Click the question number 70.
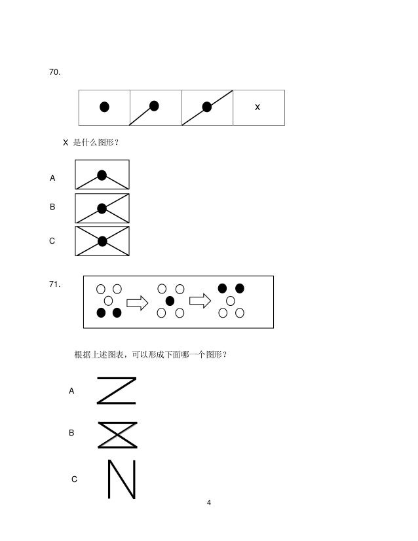55,71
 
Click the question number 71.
55,284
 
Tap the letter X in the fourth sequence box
257,107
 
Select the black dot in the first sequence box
104,107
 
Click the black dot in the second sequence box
155,105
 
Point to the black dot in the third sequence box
207,107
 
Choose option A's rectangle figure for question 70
102,175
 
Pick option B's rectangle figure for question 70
102,208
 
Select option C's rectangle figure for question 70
102,241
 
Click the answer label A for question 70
53,178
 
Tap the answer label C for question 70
52,241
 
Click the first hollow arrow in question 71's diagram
138,302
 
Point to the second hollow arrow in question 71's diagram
200,301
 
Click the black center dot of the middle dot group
170,301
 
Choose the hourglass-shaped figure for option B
117,434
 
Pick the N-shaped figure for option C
121,479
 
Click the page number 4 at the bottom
208,502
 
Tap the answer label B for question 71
71,433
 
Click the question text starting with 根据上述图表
151,355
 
